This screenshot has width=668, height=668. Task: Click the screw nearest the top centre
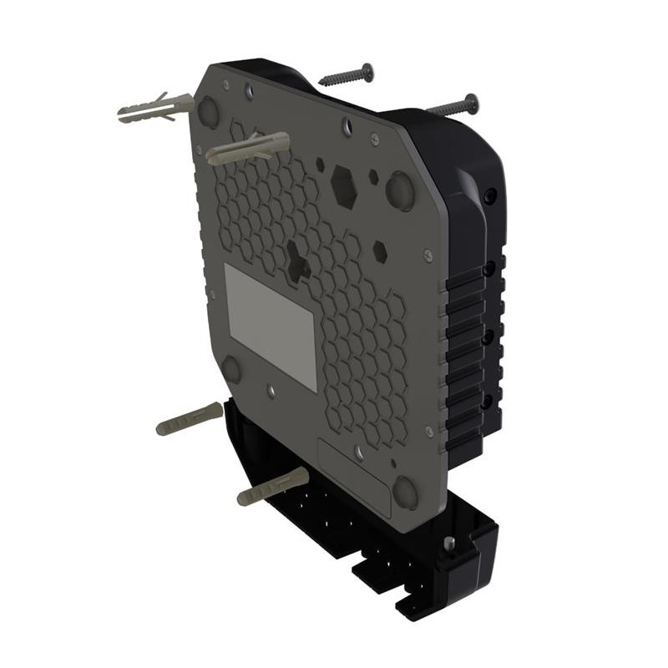tap(347, 76)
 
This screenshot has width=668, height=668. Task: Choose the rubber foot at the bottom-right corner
tap(406, 493)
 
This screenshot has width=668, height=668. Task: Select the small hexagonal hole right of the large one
tap(379, 249)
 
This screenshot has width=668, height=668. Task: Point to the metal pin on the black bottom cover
tap(449, 544)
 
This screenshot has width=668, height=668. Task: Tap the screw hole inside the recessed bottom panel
tap(359, 452)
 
